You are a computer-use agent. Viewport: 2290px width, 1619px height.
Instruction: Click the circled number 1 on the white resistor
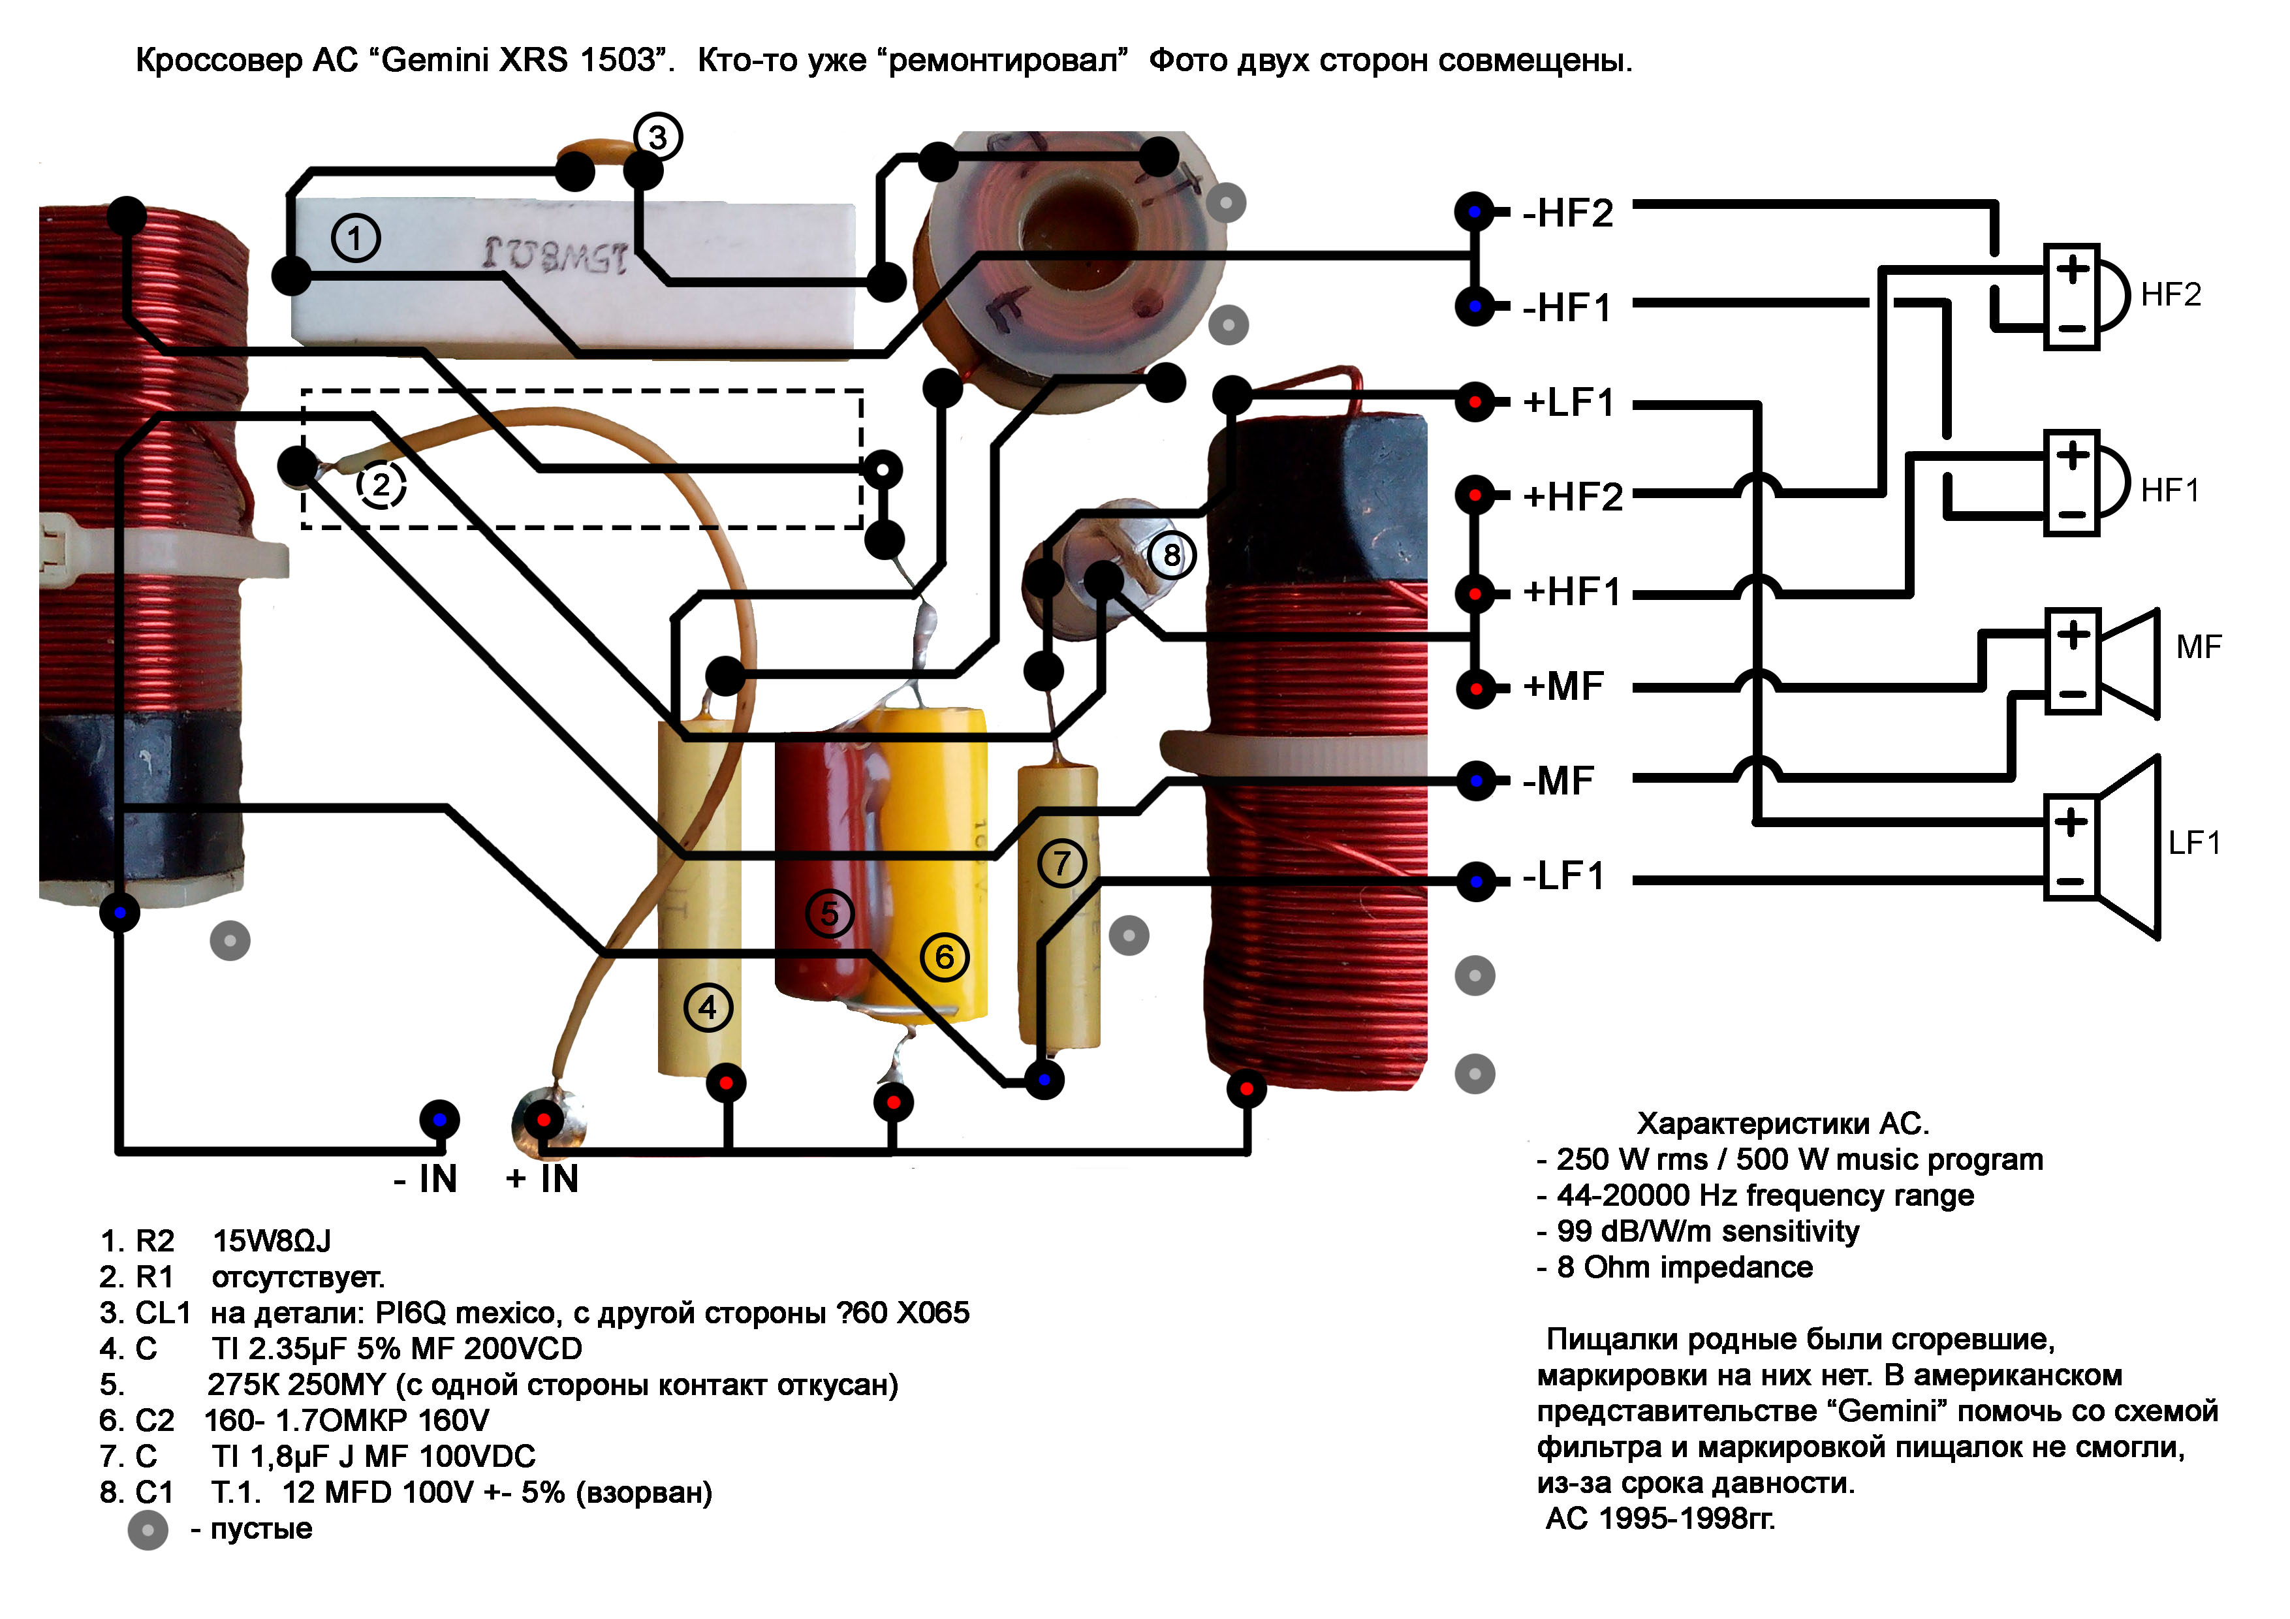(x=355, y=238)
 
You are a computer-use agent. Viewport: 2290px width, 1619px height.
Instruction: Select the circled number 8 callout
(x=1171, y=555)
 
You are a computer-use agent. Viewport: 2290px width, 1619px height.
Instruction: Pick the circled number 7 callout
(x=1061, y=863)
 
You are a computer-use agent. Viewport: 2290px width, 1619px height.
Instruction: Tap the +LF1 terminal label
(x=1568, y=403)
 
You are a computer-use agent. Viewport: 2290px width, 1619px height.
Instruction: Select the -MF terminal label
(x=1558, y=781)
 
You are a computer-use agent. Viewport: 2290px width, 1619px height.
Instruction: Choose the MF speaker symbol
(x=2105, y=663)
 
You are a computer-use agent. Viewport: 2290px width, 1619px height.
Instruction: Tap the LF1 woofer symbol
(x=2105, y=848)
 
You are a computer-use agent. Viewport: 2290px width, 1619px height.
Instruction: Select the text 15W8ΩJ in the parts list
(x=272, y=1241)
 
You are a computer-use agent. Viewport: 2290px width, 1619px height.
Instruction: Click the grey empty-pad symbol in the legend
(x=148, y=1529)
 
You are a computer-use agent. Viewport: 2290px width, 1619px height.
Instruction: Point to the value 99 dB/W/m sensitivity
(x=1708, y=1231)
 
